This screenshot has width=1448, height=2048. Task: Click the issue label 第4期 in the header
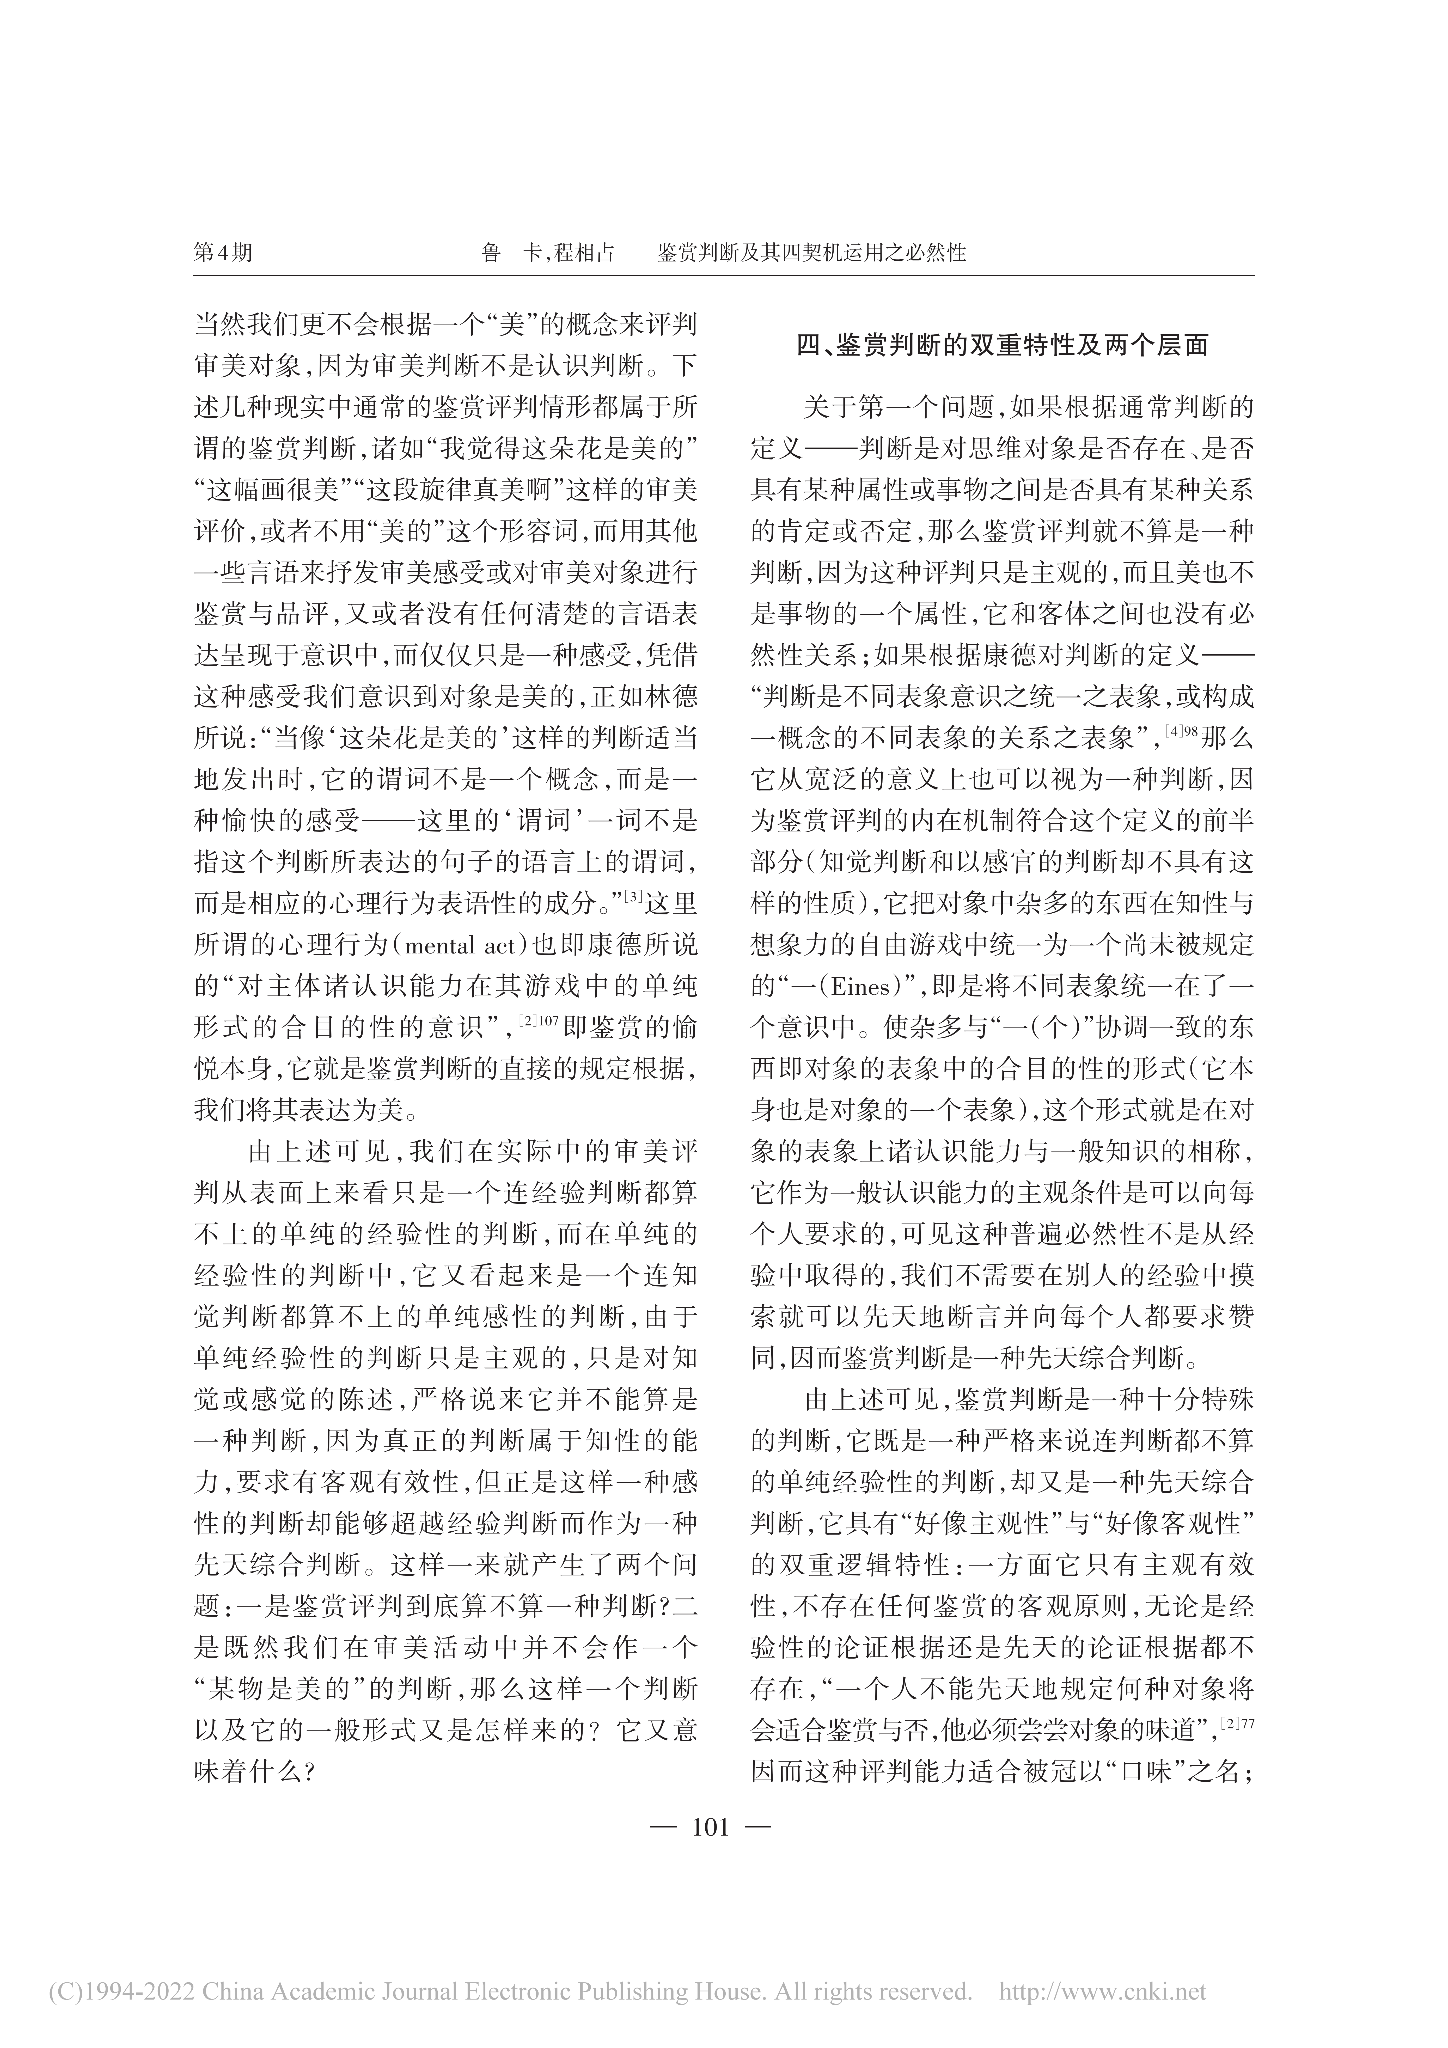coord(223,252)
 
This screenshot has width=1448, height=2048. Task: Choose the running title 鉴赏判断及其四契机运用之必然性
coord(812,252)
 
